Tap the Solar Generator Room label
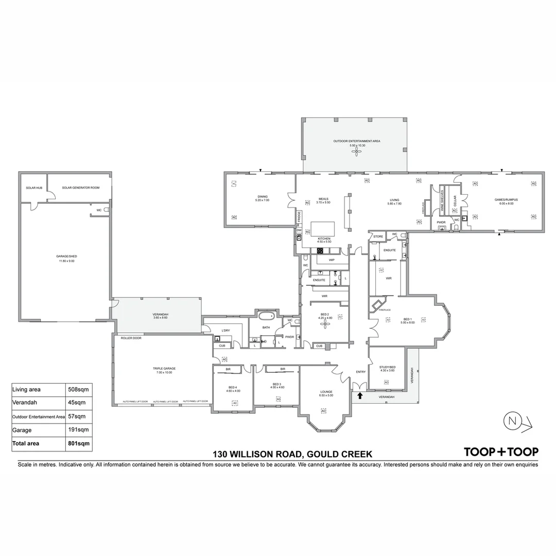click(x=80, y=188)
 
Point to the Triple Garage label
click(x=164, y=369)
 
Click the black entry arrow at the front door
click(x=360, y=395)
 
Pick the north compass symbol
click(x=513, y=421)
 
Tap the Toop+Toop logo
click(x=501, y=452)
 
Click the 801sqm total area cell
click(x=79, y=443)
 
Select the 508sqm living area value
click(x=79, y=390)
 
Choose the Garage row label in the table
click(x=22, y=430)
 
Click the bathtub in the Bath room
click(x=267, y=316)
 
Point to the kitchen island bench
click(x=322, y=228)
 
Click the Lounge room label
click(x=326, y=392)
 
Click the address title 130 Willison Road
click(x=292, y=454)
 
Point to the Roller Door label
click(x=131, y=338)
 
